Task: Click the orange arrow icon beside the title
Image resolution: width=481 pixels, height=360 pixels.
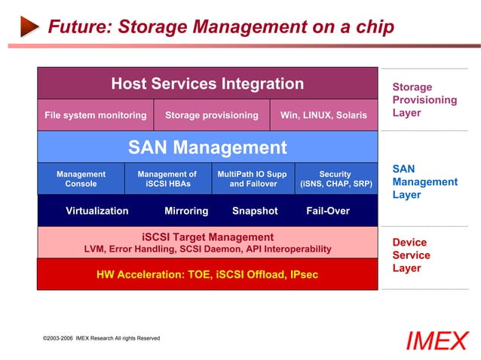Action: point(29,28)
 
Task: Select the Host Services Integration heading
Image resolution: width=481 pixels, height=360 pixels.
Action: point(207,84)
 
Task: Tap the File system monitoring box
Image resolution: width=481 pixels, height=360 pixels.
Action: point(95,115)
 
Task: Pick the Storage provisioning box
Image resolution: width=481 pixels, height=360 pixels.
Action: point(211,115)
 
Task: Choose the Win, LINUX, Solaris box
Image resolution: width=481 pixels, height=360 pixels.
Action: point(323,115)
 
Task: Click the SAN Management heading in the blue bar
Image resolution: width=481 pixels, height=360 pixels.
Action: point(207,147)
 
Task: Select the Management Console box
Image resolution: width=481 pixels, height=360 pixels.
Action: point(81,178)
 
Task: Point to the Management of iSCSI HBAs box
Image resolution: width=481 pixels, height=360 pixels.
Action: point(167,178)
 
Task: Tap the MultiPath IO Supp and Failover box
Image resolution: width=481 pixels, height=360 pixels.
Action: point(253,178)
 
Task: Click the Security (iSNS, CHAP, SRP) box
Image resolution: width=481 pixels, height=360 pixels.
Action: point(335,178)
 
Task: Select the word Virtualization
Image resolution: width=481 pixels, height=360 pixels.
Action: point(97,211)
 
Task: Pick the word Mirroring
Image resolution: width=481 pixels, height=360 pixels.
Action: point(186,211)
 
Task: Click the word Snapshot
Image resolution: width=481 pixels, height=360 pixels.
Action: point(255,211)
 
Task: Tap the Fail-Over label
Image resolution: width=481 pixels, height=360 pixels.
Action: point(328,211)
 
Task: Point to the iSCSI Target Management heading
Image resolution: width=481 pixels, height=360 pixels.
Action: point(207,237)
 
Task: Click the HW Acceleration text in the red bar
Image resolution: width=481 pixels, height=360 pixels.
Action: point(207,275)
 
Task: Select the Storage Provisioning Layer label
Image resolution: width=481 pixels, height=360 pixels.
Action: point(424,100)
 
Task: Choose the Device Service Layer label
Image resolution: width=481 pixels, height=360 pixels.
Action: point(411,255)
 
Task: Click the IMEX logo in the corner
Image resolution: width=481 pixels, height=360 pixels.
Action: point(437,341)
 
